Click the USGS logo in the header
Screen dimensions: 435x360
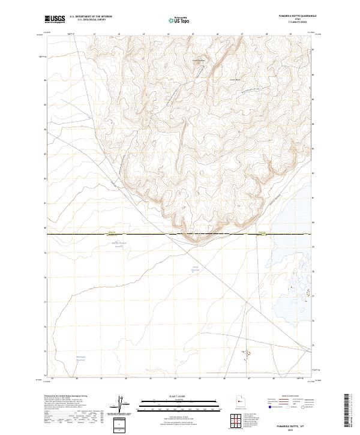tap(55, 20)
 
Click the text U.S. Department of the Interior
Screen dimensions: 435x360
tap(91, 16)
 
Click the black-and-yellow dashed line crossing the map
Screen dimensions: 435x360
tap(180, 233)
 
